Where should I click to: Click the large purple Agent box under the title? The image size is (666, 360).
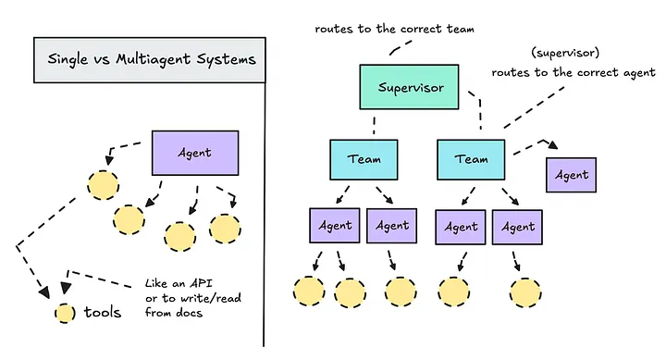point(195,152)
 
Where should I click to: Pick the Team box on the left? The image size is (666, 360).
point(364,158)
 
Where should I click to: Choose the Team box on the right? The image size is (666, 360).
point(471,158)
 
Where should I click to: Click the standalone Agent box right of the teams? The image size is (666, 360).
point(572,174)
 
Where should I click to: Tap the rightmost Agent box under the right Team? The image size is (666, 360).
point(518,226)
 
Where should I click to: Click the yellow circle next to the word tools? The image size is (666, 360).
point(64,313)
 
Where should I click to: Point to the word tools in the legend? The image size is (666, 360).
point(102,313)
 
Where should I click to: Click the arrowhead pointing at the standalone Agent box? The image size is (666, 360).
point(551,144)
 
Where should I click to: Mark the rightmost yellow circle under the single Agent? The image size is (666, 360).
point(225,228)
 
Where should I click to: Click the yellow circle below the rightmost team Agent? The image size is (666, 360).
point(524,291)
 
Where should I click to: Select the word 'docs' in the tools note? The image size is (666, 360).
point(195,313)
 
